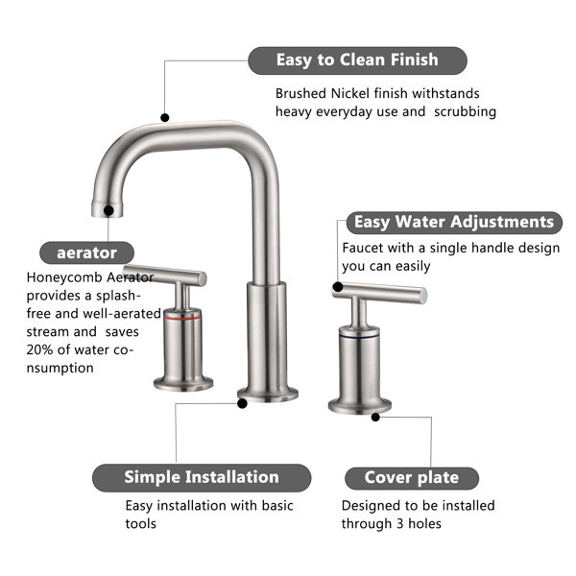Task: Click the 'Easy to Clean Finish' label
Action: [x=357, y=60]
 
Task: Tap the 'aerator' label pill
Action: [x=86, y=252]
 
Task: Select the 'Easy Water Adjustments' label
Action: [x=454, y=223]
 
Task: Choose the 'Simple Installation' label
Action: [x=202, y=477]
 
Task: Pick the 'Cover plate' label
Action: [x=412, y=478]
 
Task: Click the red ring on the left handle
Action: [x=182, y=316]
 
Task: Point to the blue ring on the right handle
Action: [x=359, y=336]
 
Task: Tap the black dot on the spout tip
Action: [x=108, y=211]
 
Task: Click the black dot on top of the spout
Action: [x=165, y=117]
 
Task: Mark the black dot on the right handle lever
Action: [x=338, y=287]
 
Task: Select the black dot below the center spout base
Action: [x=242, y=404]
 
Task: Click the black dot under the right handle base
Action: [x=375, y=418]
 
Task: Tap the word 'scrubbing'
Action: [x=465, y=111]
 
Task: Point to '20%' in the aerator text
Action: [x=39, y=349]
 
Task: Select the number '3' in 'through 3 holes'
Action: [x=399, y=524]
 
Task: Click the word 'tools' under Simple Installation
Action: [x=141, y=524]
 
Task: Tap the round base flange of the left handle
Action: [x=183, y=383]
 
